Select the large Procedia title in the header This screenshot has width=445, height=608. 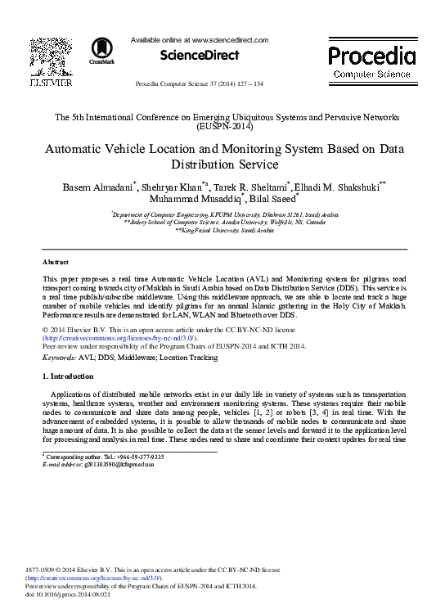point(371,56)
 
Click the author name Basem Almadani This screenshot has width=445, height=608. point(98,187)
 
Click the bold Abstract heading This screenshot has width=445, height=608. point(56,262)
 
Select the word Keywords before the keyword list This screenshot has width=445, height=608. point(60,358)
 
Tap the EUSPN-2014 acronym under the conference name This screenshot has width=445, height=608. point(224,127)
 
